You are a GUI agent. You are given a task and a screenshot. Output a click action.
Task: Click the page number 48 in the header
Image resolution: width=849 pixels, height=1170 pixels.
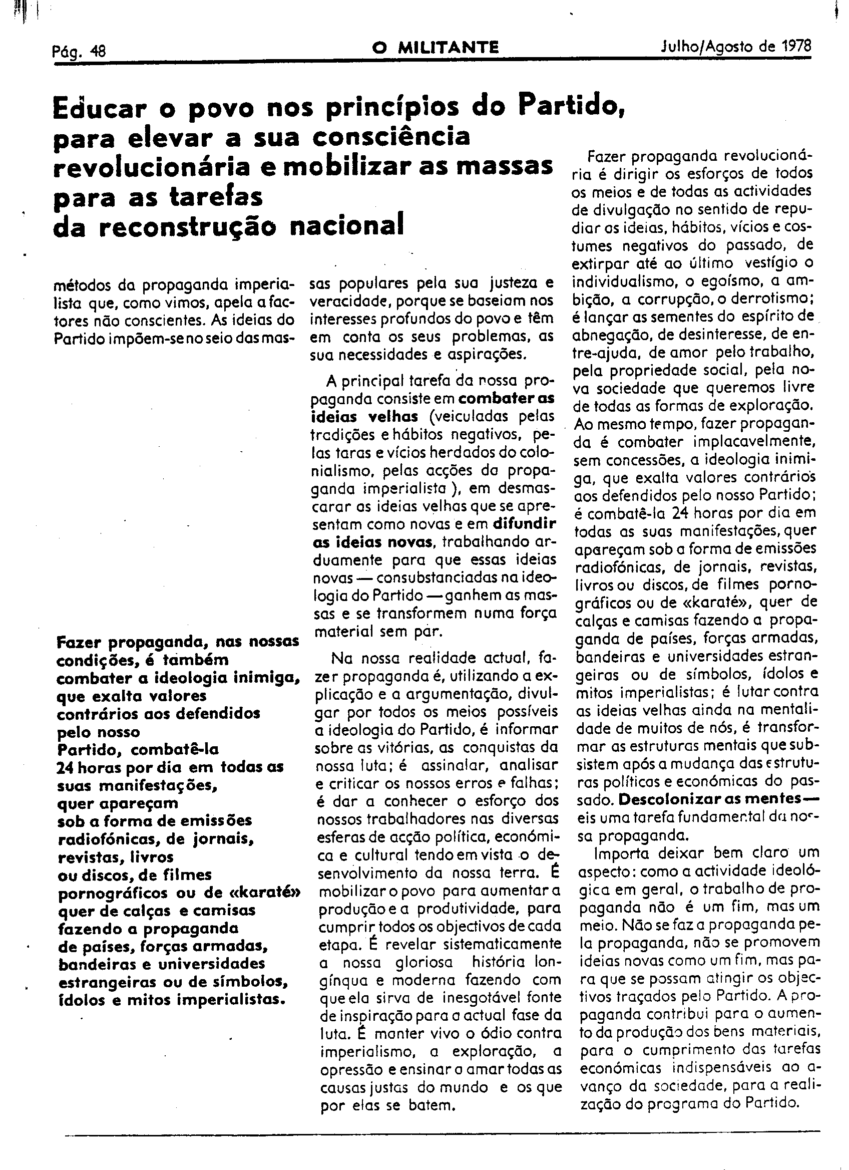point(97,52)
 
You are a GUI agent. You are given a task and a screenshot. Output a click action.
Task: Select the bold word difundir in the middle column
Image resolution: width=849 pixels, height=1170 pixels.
point(525,524)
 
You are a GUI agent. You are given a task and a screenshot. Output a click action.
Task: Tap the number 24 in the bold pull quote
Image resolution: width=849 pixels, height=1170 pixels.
point(66,767)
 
